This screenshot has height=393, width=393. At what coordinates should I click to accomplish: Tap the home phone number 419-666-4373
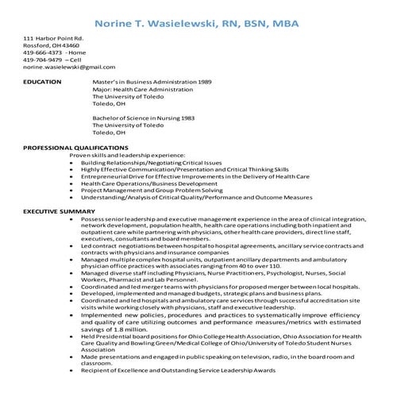(x=37, y=52)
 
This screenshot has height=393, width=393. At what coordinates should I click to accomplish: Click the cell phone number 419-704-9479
(x=37, y=60)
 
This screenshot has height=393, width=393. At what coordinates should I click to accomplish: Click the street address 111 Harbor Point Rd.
(x=54, y=38)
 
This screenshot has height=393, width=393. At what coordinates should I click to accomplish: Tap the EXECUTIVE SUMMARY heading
(x=59, y=211)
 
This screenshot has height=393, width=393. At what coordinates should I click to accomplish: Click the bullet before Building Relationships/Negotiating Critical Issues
(x=73, y=163)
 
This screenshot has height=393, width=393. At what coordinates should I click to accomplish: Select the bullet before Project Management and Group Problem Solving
(x=73, y=191)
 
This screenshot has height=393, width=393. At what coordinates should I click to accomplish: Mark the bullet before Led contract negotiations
(x=73, y=246)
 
